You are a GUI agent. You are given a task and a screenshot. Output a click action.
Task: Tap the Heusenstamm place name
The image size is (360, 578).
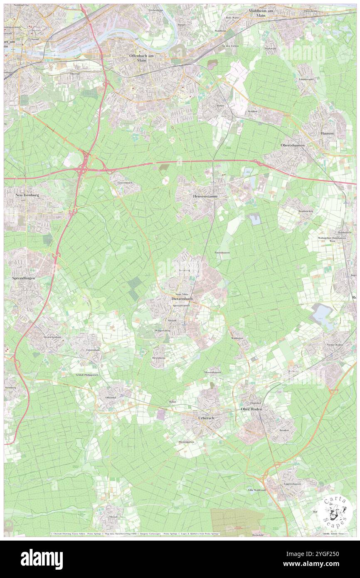click(x=205, y=196)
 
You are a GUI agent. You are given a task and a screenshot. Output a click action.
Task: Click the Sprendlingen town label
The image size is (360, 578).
click(x=23, y=277)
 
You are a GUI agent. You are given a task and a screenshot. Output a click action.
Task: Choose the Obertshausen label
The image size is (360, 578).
click(x=293, y=145)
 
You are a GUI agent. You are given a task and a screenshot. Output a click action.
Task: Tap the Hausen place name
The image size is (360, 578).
click(x=327, y=133)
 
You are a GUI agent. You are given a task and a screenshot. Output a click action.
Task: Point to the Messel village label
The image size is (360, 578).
click(x=113, y=516)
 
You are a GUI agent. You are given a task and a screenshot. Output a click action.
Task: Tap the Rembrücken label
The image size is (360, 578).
click(x=306, y=211)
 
